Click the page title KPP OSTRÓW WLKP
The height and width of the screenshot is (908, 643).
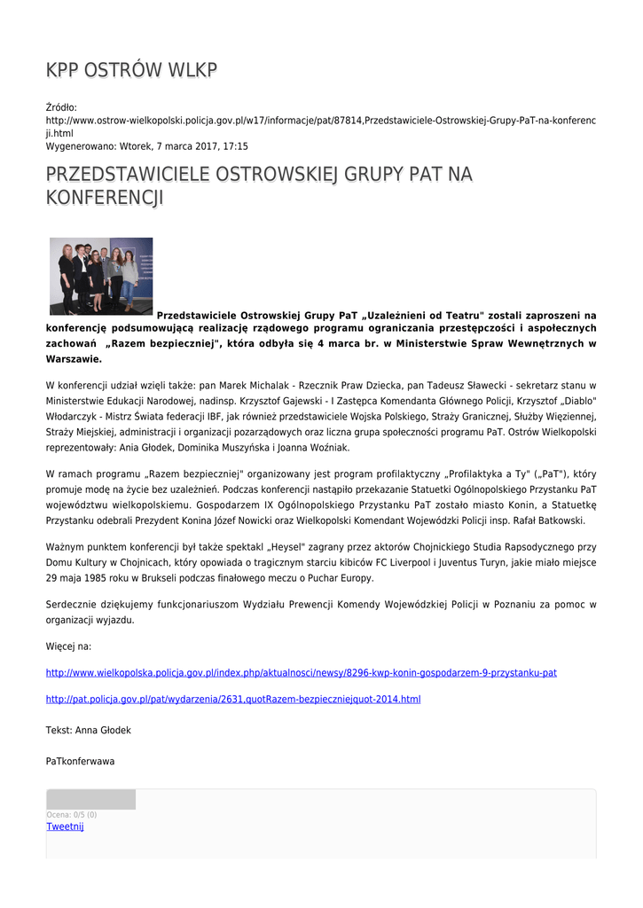click(131, 70)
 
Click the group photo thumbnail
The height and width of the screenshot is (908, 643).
click(101, 276)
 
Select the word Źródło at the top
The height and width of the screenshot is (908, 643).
click(61, 107)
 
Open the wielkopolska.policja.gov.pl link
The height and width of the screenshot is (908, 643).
click(301, 673)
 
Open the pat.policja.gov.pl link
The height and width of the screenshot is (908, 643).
click(232, 700)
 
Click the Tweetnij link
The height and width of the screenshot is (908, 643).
click(65, 826)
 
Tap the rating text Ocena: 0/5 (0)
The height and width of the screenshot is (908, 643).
click(72, 815)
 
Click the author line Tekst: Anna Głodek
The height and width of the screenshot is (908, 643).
click(88, 730)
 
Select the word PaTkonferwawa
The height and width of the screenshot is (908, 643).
click(80, 761)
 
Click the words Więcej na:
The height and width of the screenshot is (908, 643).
click(68, 646)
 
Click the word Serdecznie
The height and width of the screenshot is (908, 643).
click(74, 605)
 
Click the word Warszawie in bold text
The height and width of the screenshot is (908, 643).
click(74, 359)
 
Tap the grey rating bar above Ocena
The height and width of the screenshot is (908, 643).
click(90, 800)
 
